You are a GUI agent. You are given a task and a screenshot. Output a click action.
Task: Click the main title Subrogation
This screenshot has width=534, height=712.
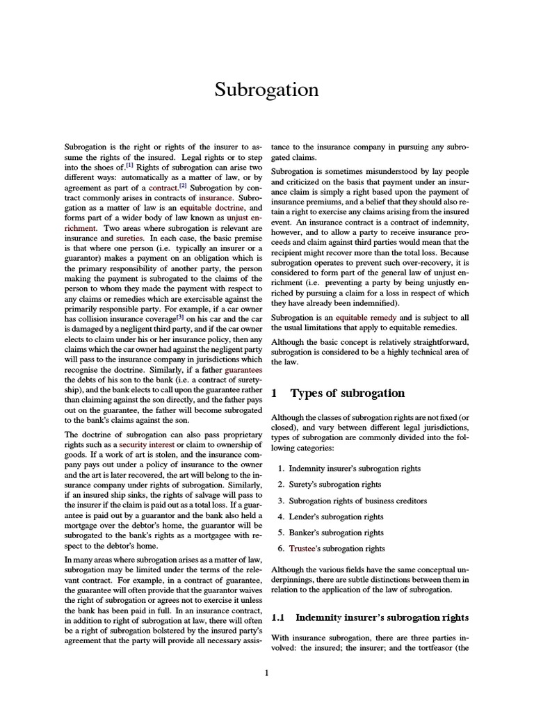point(266,90)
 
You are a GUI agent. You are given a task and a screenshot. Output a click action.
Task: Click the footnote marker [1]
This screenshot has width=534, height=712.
point(129,166)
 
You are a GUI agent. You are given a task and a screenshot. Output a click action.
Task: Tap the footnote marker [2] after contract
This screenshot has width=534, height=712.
point(183,186)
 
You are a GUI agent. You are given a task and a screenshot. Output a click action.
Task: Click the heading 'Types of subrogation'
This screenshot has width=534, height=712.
point(347,394)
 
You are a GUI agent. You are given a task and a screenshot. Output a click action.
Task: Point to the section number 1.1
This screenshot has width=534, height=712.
point(278,617)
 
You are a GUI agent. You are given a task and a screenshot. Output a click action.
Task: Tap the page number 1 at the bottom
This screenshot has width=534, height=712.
point(266,672)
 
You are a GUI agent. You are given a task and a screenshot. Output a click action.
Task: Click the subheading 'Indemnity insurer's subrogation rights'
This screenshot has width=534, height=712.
point(382,617)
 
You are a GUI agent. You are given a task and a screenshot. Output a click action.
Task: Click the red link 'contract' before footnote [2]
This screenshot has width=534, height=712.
point(163,188)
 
